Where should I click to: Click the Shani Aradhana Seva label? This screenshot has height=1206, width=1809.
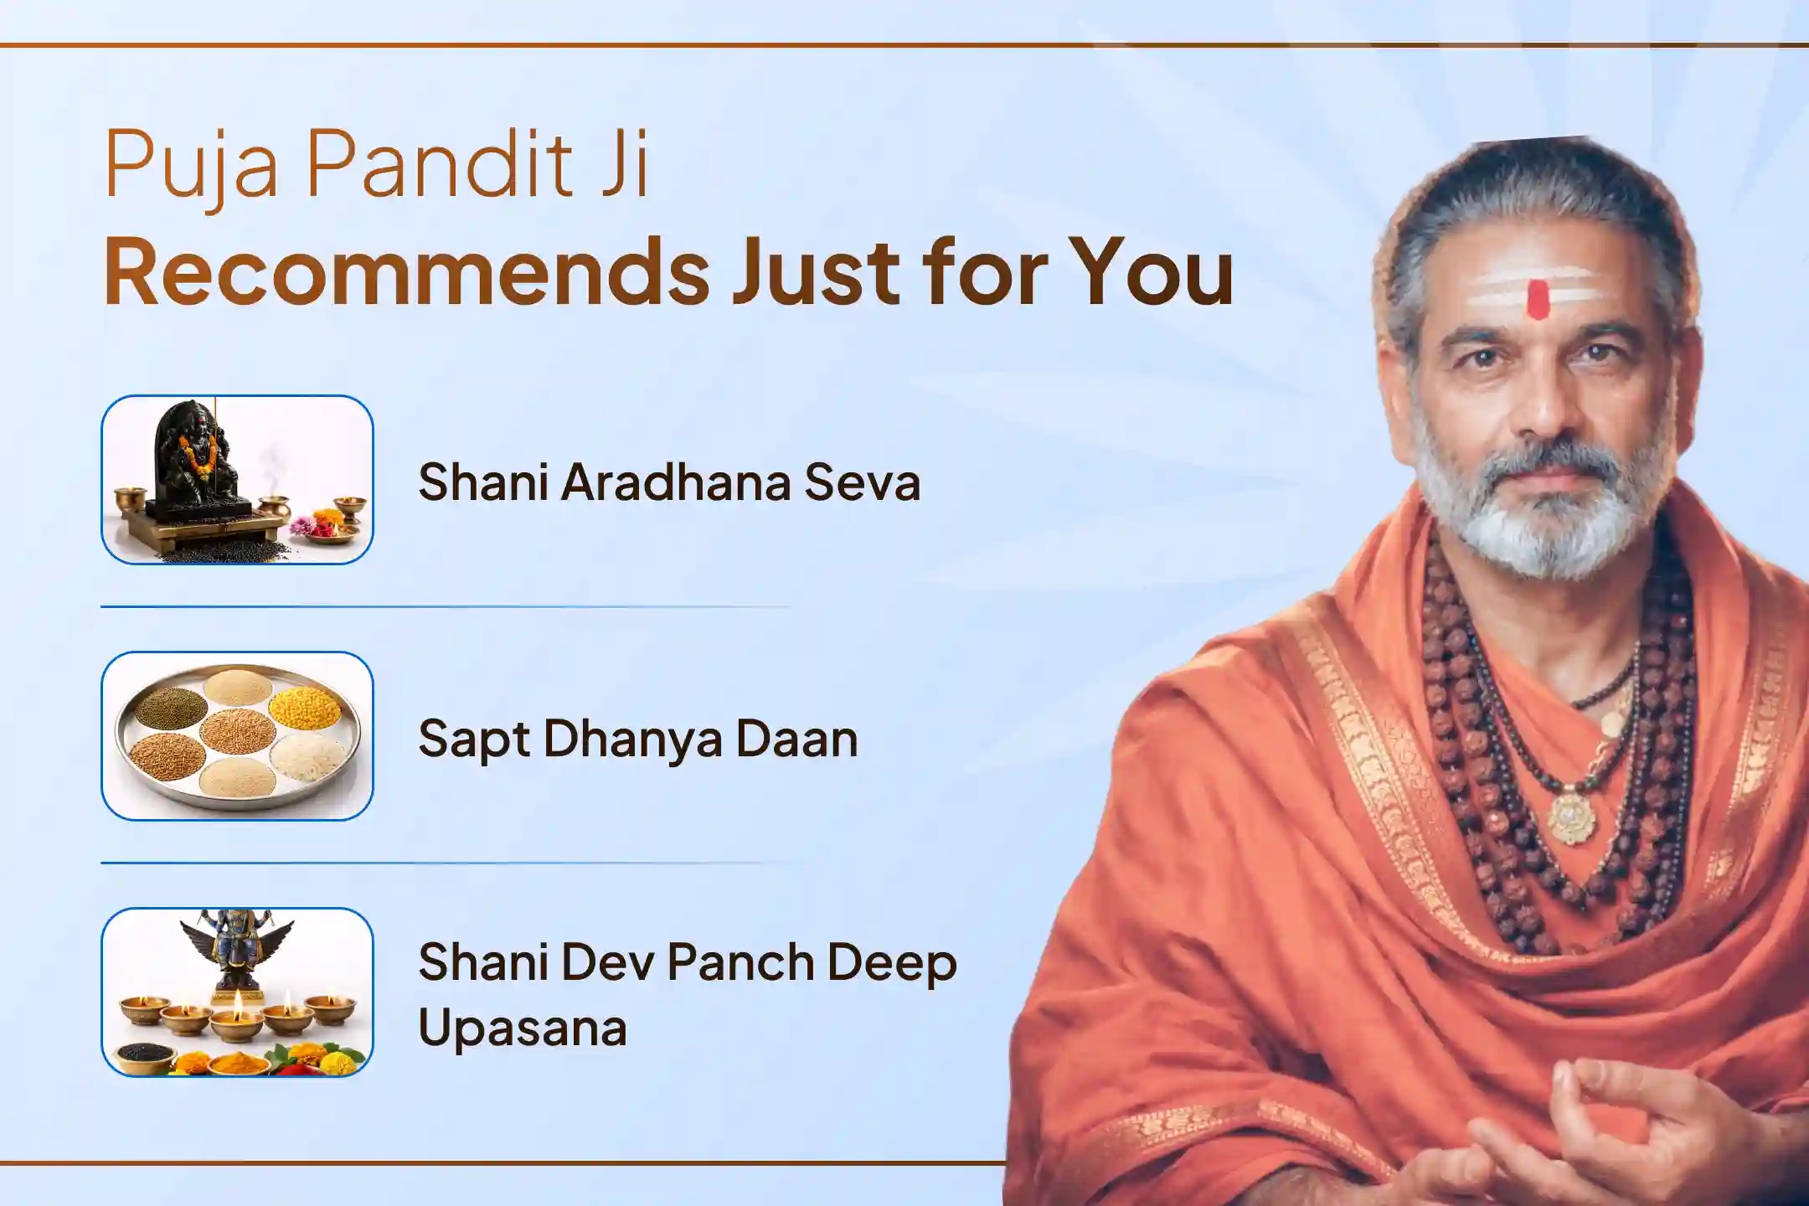coord(669,482)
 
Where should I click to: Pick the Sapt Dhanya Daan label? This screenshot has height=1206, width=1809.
coord(638,740)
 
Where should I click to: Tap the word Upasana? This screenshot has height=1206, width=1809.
coord(523,1029)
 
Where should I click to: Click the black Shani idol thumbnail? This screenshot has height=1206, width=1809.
coord(237,480)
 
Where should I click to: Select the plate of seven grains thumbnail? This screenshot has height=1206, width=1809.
coord(237,736)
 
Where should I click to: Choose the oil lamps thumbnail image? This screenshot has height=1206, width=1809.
coord(237,992)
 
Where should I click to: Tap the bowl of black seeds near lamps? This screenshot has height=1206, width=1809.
coord(146,1054)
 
